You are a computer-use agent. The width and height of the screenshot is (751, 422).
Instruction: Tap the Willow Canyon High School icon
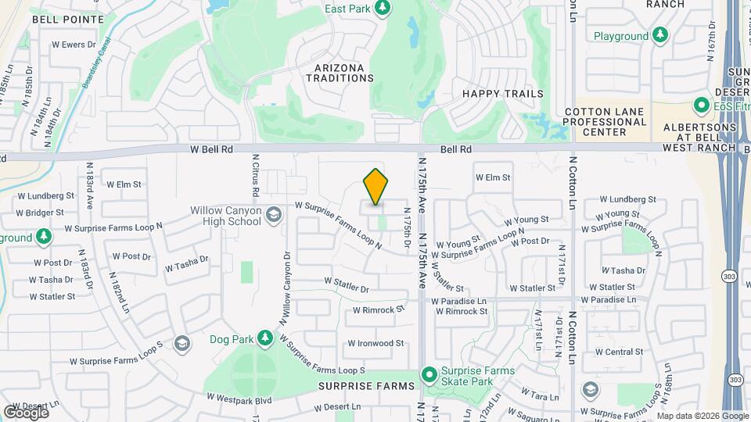[273, 214]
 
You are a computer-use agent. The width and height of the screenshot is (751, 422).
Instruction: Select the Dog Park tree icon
[266, 338]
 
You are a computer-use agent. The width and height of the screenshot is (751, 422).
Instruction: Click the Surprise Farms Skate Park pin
[429, 375]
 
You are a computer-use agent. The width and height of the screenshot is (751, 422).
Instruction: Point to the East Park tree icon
[382, 8]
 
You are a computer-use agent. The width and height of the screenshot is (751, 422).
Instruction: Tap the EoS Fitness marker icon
[702, 105]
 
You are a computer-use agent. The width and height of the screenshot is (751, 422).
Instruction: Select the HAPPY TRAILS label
[502, 94]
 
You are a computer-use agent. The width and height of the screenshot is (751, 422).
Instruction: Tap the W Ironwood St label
[375, 343]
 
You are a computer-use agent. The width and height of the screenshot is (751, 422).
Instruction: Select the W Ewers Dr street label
[74, 45]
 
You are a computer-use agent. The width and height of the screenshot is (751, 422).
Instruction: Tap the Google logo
[27, 412]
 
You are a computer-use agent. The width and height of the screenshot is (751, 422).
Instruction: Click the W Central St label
[619, 352]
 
